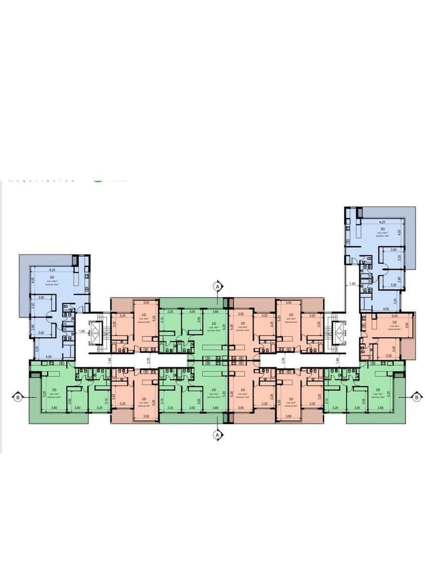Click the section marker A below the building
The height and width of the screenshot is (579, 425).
pos(218,435)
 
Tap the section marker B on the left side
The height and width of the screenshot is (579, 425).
pos(18,396)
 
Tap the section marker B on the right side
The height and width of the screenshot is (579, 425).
pos(417,396)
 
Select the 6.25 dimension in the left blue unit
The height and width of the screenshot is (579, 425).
pos(52,269)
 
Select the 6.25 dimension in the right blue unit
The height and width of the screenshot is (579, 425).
pos(382,222)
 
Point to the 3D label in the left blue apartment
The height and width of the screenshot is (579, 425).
pos(52,277)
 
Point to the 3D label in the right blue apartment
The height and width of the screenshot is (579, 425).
pos(382,229)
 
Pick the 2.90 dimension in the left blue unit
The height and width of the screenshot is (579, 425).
pos(32,327)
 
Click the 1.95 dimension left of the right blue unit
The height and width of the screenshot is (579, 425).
pos(352,283)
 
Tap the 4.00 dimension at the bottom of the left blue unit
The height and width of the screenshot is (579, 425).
pos(48,356)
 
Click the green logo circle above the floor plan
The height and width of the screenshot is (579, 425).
pos(98,179)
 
